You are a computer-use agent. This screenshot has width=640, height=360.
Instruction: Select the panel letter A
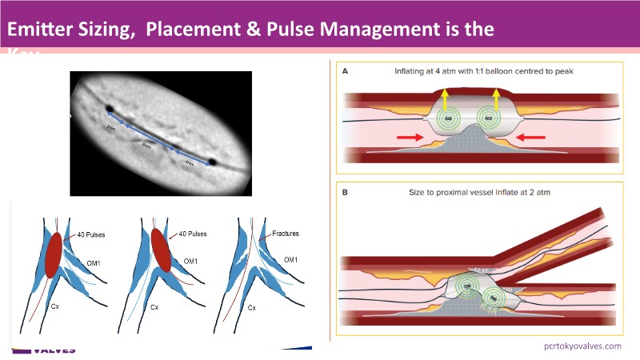click(346, 71)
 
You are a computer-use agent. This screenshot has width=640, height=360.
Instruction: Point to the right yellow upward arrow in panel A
click(496, 98)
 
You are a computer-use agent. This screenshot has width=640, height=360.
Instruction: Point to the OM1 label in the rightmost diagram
click(291, 261)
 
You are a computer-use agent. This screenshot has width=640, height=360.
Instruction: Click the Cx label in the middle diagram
click(153, 307)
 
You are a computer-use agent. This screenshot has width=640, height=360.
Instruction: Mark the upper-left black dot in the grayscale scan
click(109, 109)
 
